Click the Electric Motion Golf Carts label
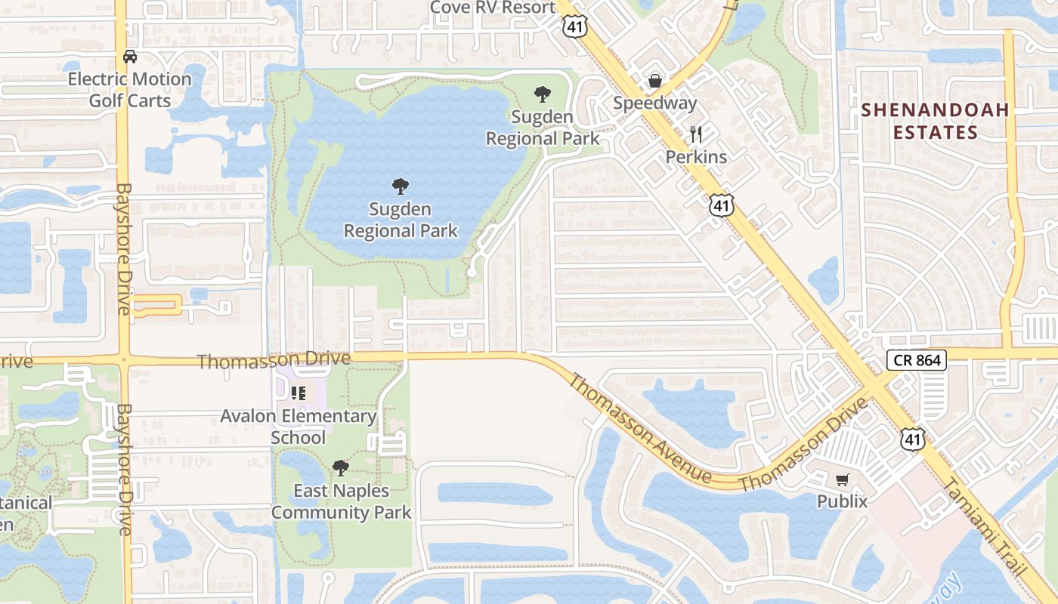point(129,90)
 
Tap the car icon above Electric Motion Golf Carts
point(130,57)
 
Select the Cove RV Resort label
point(492,8)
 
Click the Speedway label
point(654,103)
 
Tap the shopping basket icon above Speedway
point(654,81)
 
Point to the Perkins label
point(696,157)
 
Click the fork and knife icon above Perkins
point(696,134)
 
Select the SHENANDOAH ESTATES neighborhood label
point(936,121)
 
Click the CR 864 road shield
point(917,360)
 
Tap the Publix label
point(842,501)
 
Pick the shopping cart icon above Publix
point(842,479)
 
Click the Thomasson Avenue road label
point(639,427)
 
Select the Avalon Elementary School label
point(298,427)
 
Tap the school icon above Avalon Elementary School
point(298,393)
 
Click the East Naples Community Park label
point(341,501)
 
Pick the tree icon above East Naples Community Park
point(341,468)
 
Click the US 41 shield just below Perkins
point(722,205)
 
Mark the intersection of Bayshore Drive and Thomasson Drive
point(124,360)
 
